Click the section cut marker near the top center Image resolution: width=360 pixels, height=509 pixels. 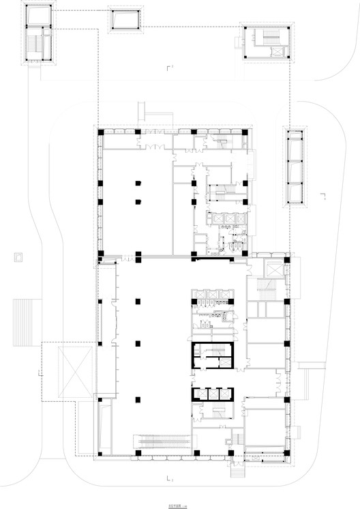click(170, 67)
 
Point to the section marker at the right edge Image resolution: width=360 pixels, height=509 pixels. click(324, 199)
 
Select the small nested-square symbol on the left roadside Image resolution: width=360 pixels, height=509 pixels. click(19, 258)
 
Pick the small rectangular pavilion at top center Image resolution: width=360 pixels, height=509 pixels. click(126, 21)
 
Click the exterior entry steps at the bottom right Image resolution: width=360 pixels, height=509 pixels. click(238, 470)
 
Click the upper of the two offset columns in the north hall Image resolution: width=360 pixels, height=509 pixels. click(138, 183)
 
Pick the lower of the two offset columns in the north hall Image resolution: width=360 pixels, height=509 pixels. click(138, 201)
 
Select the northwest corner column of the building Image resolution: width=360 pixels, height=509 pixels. click(100, 131)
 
